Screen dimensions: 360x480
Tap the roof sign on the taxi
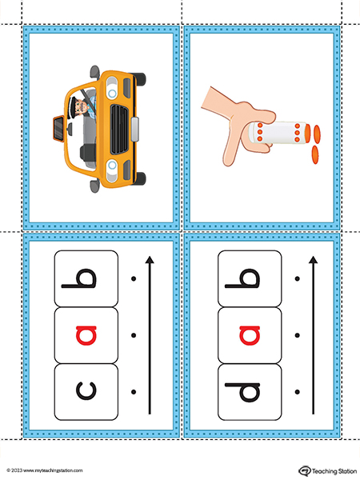pos(58,127)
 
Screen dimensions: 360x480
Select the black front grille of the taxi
pos(119,129)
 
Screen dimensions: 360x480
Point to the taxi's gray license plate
pos(135,129)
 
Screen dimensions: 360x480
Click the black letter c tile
pos(86,392)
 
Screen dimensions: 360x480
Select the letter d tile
pos(250,392)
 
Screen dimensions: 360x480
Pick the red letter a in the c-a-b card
pos(86,335)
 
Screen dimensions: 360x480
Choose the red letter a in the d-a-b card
pos(250,335)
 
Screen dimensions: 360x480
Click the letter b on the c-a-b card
pos(79,278)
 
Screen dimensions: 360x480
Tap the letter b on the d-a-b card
pos(242,278)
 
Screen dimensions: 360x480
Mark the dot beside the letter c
pos(134,392)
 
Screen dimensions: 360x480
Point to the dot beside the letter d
pos(297,392)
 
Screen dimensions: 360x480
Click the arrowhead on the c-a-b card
pos(150,259)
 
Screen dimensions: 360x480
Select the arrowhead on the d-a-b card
pos(313,259)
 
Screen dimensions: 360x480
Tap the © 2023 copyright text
pos(14,470)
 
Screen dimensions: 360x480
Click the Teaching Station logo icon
pos(305,470)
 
